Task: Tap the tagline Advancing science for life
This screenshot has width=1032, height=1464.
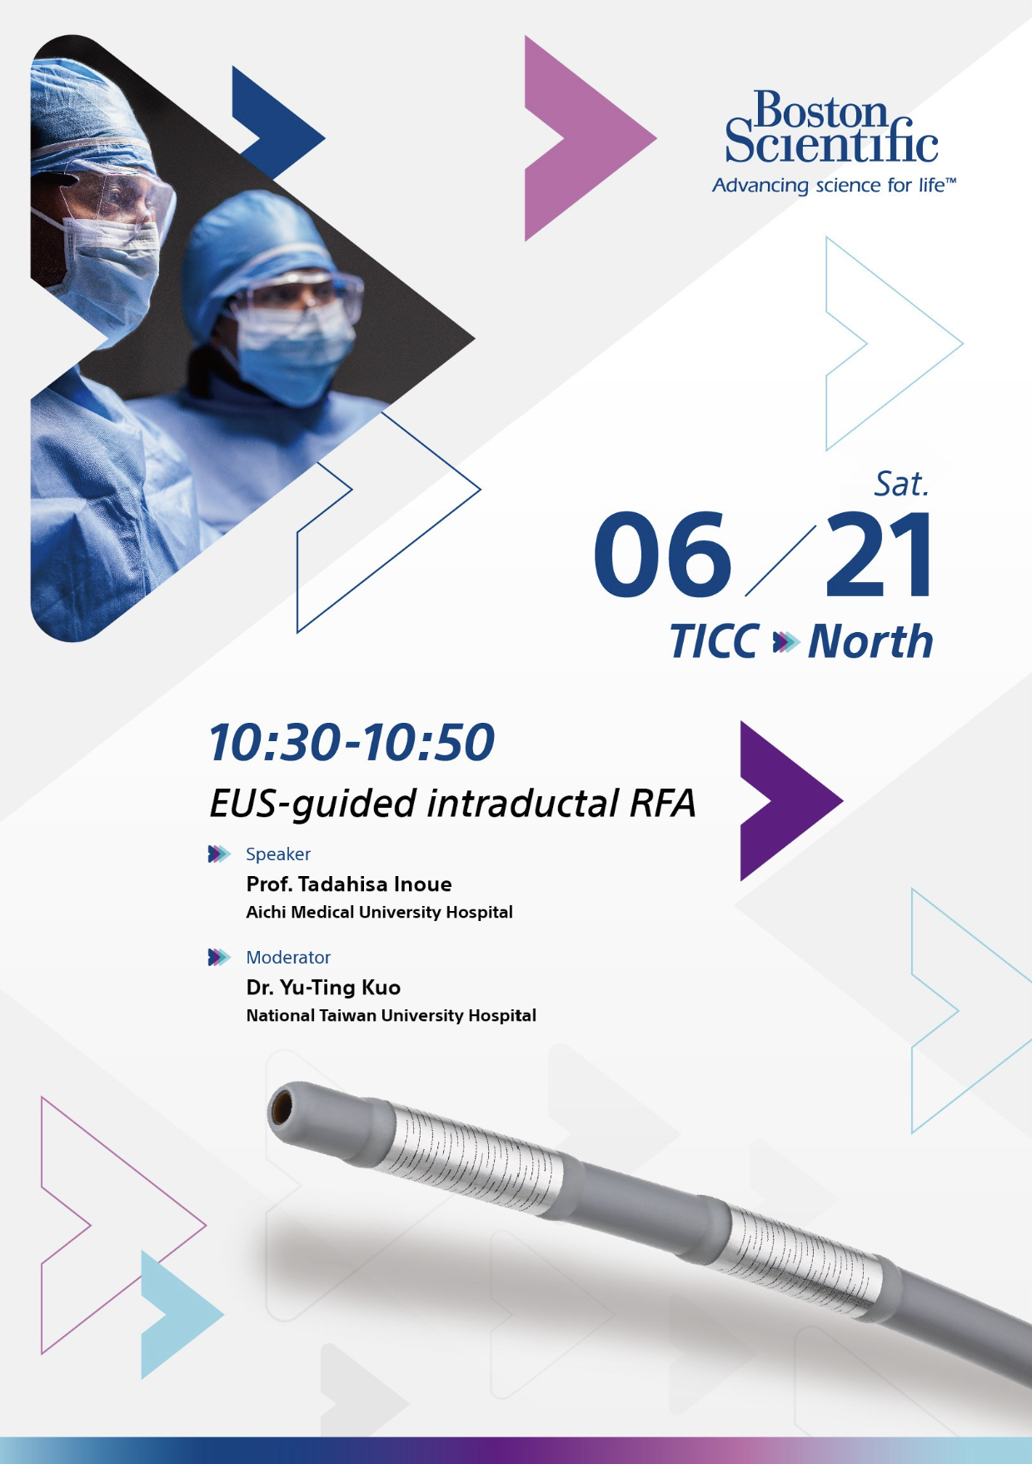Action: coord(834,185)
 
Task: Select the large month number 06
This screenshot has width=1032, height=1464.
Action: coord(662,555)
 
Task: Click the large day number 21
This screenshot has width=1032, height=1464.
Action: coord(880,555)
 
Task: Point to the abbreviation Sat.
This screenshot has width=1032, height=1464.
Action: coord(901,484)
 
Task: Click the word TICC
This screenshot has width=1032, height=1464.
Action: coord(715,641)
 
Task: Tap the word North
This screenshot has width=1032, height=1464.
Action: coord(870,641)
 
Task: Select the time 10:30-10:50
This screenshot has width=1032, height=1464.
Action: coord(351,742)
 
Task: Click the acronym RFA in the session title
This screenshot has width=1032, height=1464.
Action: coord(662,804)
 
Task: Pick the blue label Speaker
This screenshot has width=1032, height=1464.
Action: coord(278,854)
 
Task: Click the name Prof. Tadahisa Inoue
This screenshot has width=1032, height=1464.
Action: coord(349,884)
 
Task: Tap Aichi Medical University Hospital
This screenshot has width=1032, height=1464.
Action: coord(379,913)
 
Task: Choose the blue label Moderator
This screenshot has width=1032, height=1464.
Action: coord(288,958)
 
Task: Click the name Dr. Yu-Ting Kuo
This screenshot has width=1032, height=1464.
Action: coord(323,988)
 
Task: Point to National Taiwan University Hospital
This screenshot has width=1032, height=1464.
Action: coord(391,1016)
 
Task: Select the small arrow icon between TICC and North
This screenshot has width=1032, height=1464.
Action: coord(785,642)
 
